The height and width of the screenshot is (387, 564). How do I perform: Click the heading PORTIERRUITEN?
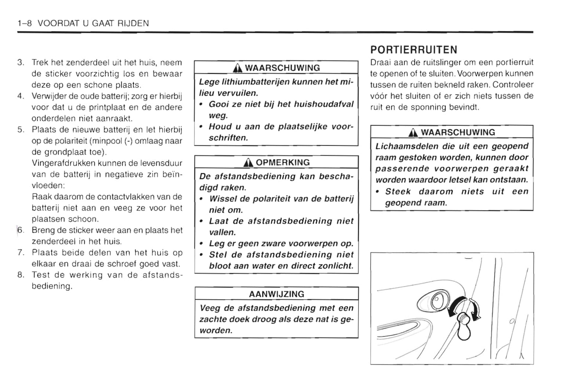[x=413, y=50]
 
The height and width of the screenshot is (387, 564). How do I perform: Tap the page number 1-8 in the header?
[x=25, y=23]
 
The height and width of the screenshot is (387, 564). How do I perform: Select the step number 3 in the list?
[x=21, y=63]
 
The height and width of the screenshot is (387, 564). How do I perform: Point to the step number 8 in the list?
[x=21, y=275]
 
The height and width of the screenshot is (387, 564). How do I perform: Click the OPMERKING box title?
[x=282, y=163]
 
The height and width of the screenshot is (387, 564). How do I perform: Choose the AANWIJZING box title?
[x=276, y=294]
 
